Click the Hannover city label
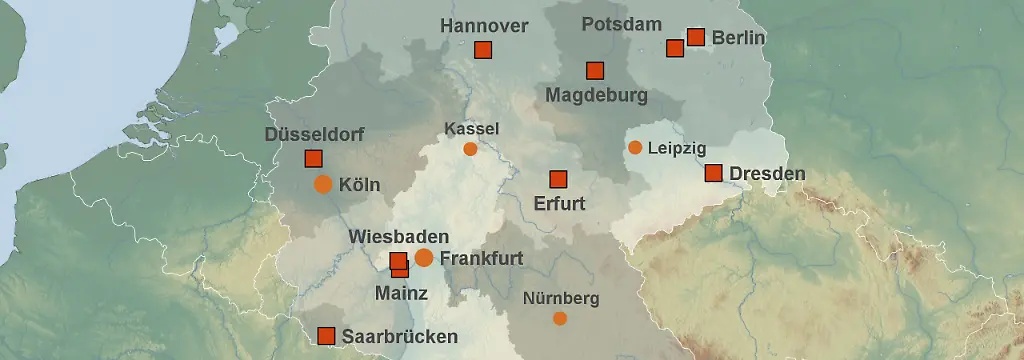484,25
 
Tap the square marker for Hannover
483,50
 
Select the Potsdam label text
621,24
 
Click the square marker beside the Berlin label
696,37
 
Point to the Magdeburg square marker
595,70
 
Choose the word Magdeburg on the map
597,96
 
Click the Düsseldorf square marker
313,158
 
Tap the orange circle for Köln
323,184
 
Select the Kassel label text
471,129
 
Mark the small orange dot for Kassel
470,149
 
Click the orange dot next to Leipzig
635,148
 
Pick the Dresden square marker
713,173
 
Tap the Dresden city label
767,174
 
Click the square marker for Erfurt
558,180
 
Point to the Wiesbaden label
393,237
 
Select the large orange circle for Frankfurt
424,258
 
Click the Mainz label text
401,294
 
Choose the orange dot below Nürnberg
560,318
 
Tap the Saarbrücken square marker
325,336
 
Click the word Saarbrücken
400,337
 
